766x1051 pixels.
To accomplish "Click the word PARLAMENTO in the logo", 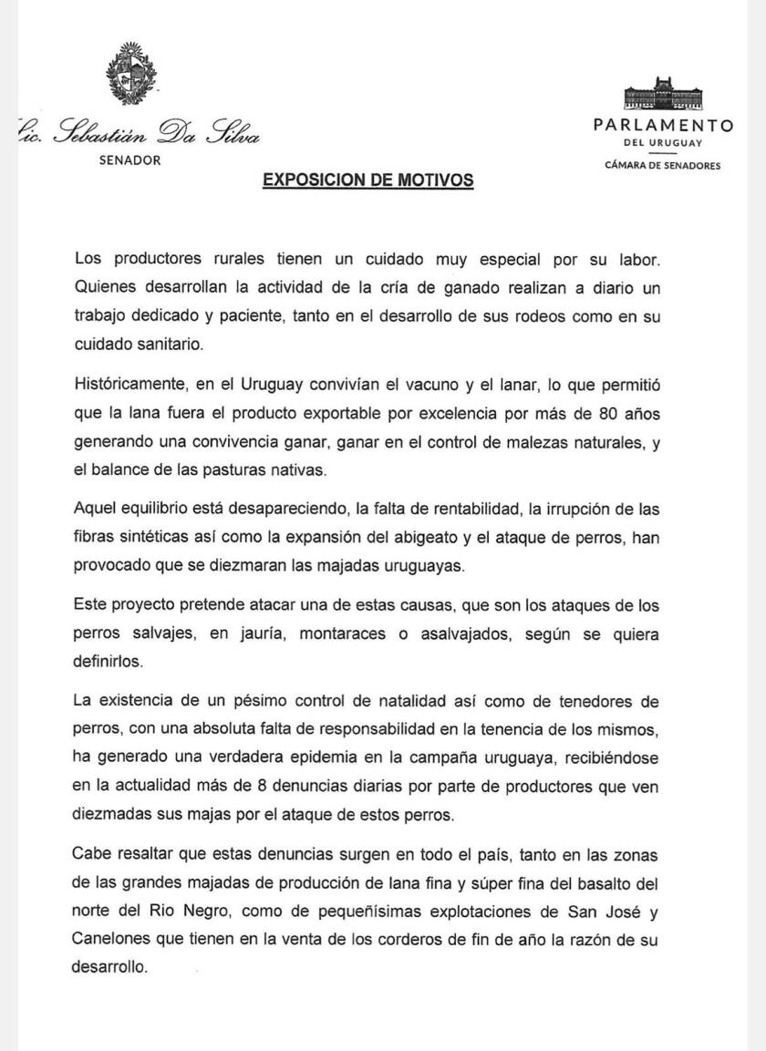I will pos(663,126).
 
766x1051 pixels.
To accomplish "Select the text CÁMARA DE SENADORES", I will pos(663,165).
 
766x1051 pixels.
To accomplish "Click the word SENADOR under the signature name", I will pos(130,160).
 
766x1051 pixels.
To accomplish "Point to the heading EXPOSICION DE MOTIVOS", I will pos(367,180).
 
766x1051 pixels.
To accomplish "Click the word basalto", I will pos(595,883).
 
